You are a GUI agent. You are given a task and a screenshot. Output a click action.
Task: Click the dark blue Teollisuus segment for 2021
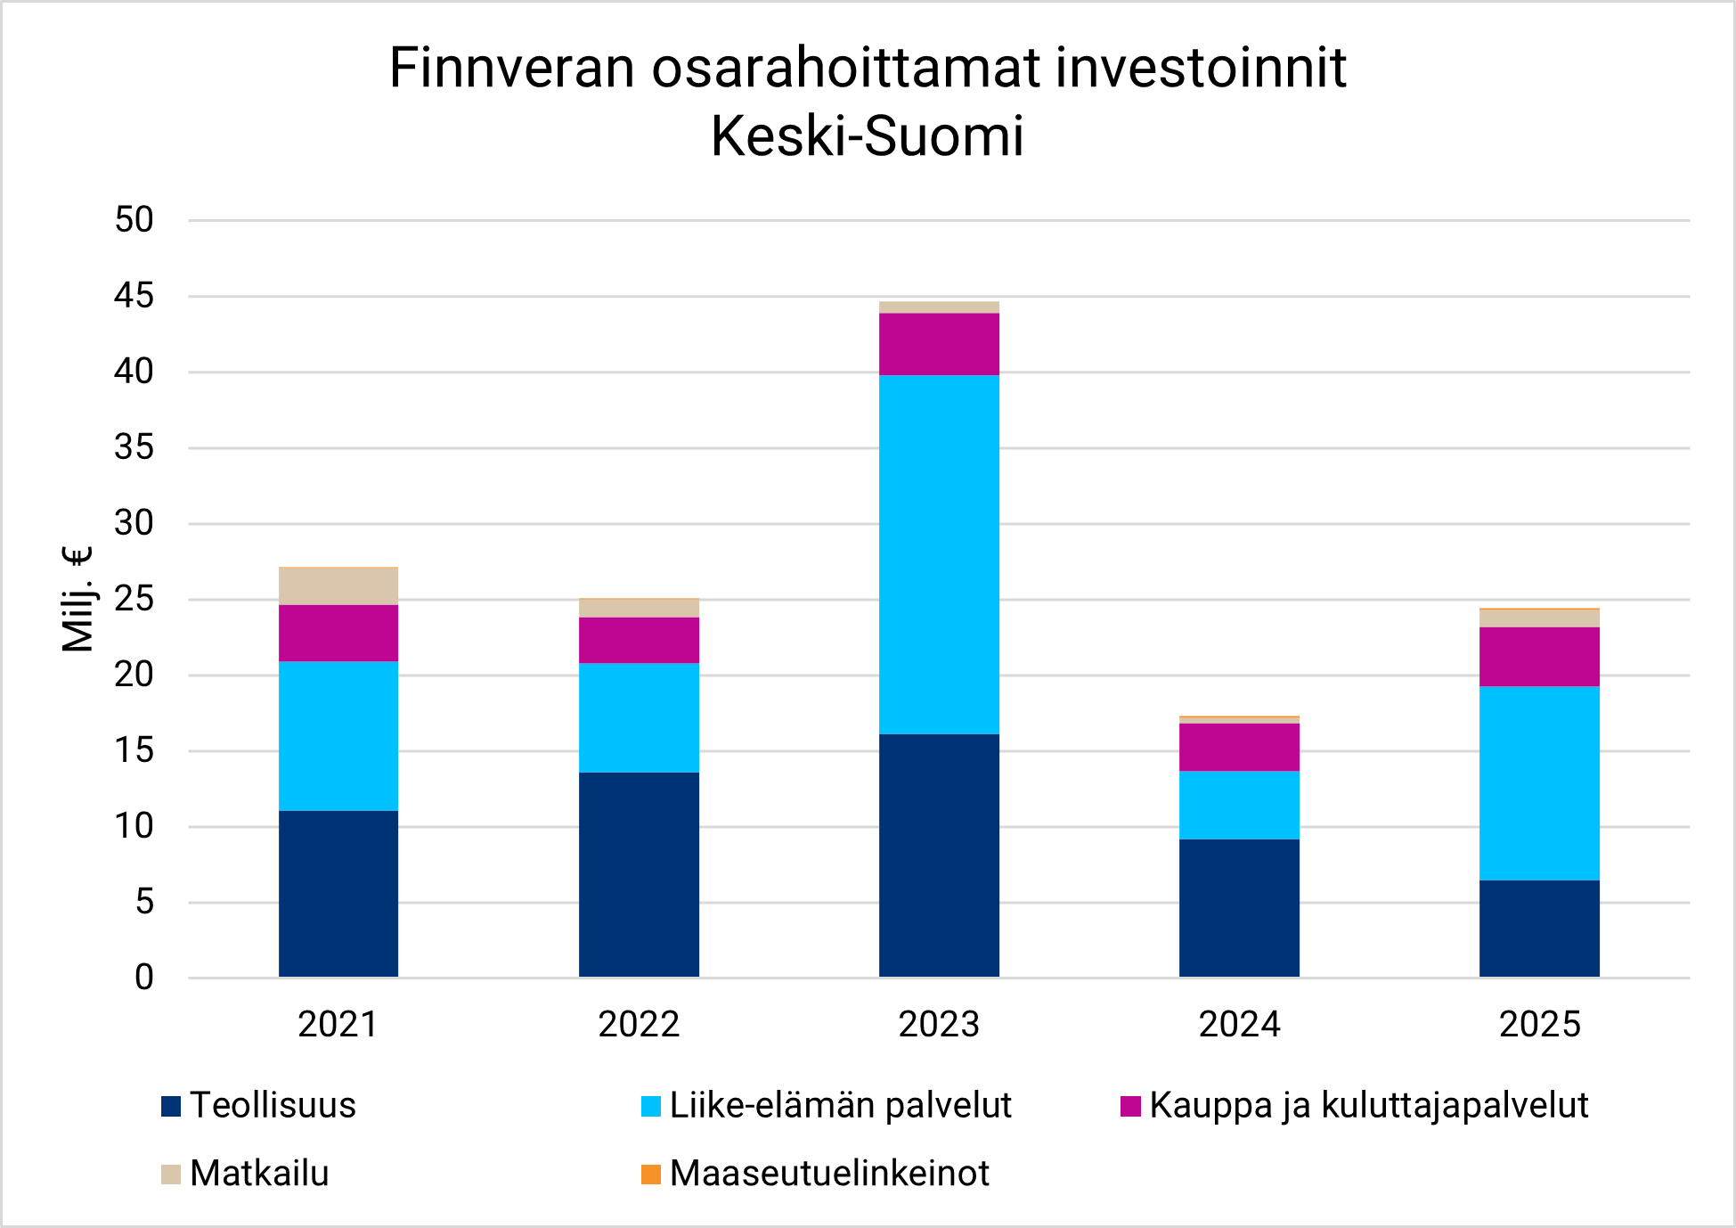(x=338, y=894)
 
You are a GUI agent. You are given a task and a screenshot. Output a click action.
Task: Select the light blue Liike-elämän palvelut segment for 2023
(x=939, y=554)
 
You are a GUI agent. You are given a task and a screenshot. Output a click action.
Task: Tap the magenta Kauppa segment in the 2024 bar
(x=1239, y=747)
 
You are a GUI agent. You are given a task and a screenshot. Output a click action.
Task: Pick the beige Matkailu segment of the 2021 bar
(x=338, y=586)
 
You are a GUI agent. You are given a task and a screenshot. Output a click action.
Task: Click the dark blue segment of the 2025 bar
(x=1539, y=929)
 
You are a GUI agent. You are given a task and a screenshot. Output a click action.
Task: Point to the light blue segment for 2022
(x=639, y=717)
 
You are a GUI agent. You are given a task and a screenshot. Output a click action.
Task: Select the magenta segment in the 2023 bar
(x=939, y=344)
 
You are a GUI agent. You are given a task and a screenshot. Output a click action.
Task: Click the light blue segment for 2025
(x=1539, y=782)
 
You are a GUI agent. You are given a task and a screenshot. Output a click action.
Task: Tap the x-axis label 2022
(x=639, y=1024)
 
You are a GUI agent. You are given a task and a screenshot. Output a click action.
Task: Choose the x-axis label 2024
(x=1239, y=1024)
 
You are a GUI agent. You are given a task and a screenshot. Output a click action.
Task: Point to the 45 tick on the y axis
(x=134, y=296)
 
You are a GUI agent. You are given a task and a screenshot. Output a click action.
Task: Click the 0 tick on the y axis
(x=144, y=978)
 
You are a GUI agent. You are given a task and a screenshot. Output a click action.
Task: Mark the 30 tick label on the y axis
(x=134, y=523)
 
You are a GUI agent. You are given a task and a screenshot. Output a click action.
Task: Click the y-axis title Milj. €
(x=77, y=599)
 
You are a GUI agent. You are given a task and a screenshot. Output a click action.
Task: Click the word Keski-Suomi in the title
(x=867, y=136)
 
